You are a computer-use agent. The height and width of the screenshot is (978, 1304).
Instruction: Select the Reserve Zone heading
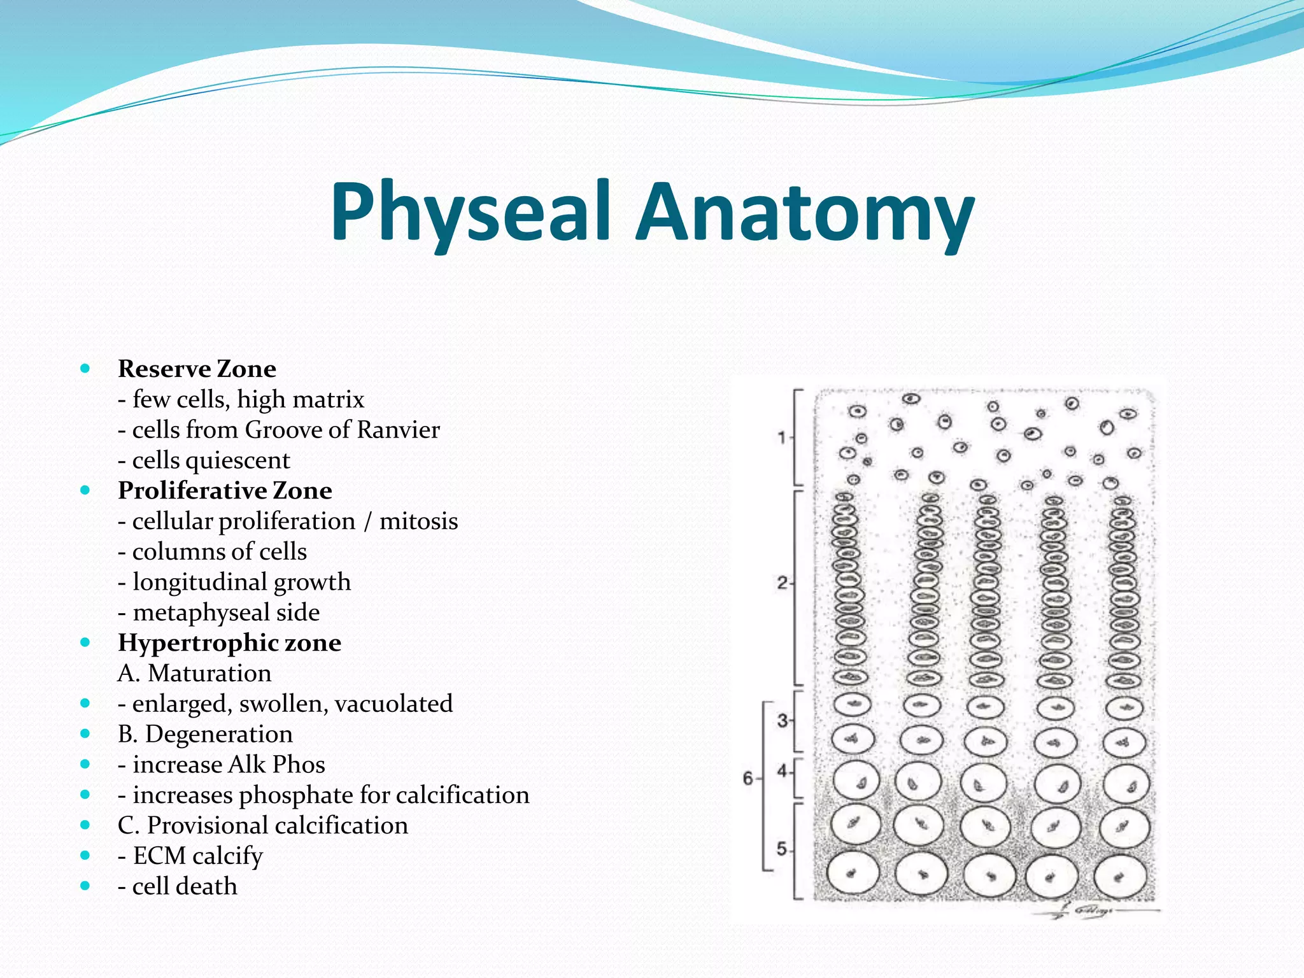pos(197,369)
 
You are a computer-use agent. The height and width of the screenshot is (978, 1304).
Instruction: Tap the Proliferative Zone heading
pos(225,490)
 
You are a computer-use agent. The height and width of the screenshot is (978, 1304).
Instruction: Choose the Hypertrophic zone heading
pos(229,642)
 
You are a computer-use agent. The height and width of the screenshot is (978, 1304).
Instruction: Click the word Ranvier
pos(398,430)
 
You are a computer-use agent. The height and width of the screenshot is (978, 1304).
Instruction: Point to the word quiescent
pos(243,460)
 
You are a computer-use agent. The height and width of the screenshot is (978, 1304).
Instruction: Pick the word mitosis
pos(418,521)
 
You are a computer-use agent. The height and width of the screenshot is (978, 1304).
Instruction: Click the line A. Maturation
pos(194,673)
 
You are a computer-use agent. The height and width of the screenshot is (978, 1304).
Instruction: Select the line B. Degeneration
pos(205,734)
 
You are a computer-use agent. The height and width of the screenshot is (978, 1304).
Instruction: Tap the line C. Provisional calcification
pos(262,825)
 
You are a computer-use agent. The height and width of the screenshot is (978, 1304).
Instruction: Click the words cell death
pos(185,886)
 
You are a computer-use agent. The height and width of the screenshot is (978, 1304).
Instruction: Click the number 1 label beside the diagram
pos(781,437)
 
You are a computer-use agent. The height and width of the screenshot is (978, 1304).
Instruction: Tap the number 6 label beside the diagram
pos(748,778)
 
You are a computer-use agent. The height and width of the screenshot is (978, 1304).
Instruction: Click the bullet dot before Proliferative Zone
pos(85,490)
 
